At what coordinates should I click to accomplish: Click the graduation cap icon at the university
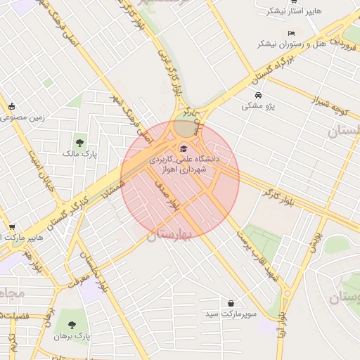click(x=184, y=148)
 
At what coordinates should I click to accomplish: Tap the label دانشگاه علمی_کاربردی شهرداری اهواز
click(x=184, y=164)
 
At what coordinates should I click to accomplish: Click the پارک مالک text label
click(x=79, y=153)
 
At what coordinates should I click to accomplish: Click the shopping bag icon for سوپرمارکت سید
click(x=231, y=303)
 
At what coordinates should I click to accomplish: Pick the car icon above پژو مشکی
click(x=258, y=95)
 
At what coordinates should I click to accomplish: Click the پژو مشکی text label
click(x=257, y=106)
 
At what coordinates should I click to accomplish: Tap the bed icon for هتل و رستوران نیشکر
click(x=291, y=33)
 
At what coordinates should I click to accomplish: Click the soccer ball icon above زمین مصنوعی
click(x=11, y=106)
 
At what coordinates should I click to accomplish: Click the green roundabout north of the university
click(x=186, y=127)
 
